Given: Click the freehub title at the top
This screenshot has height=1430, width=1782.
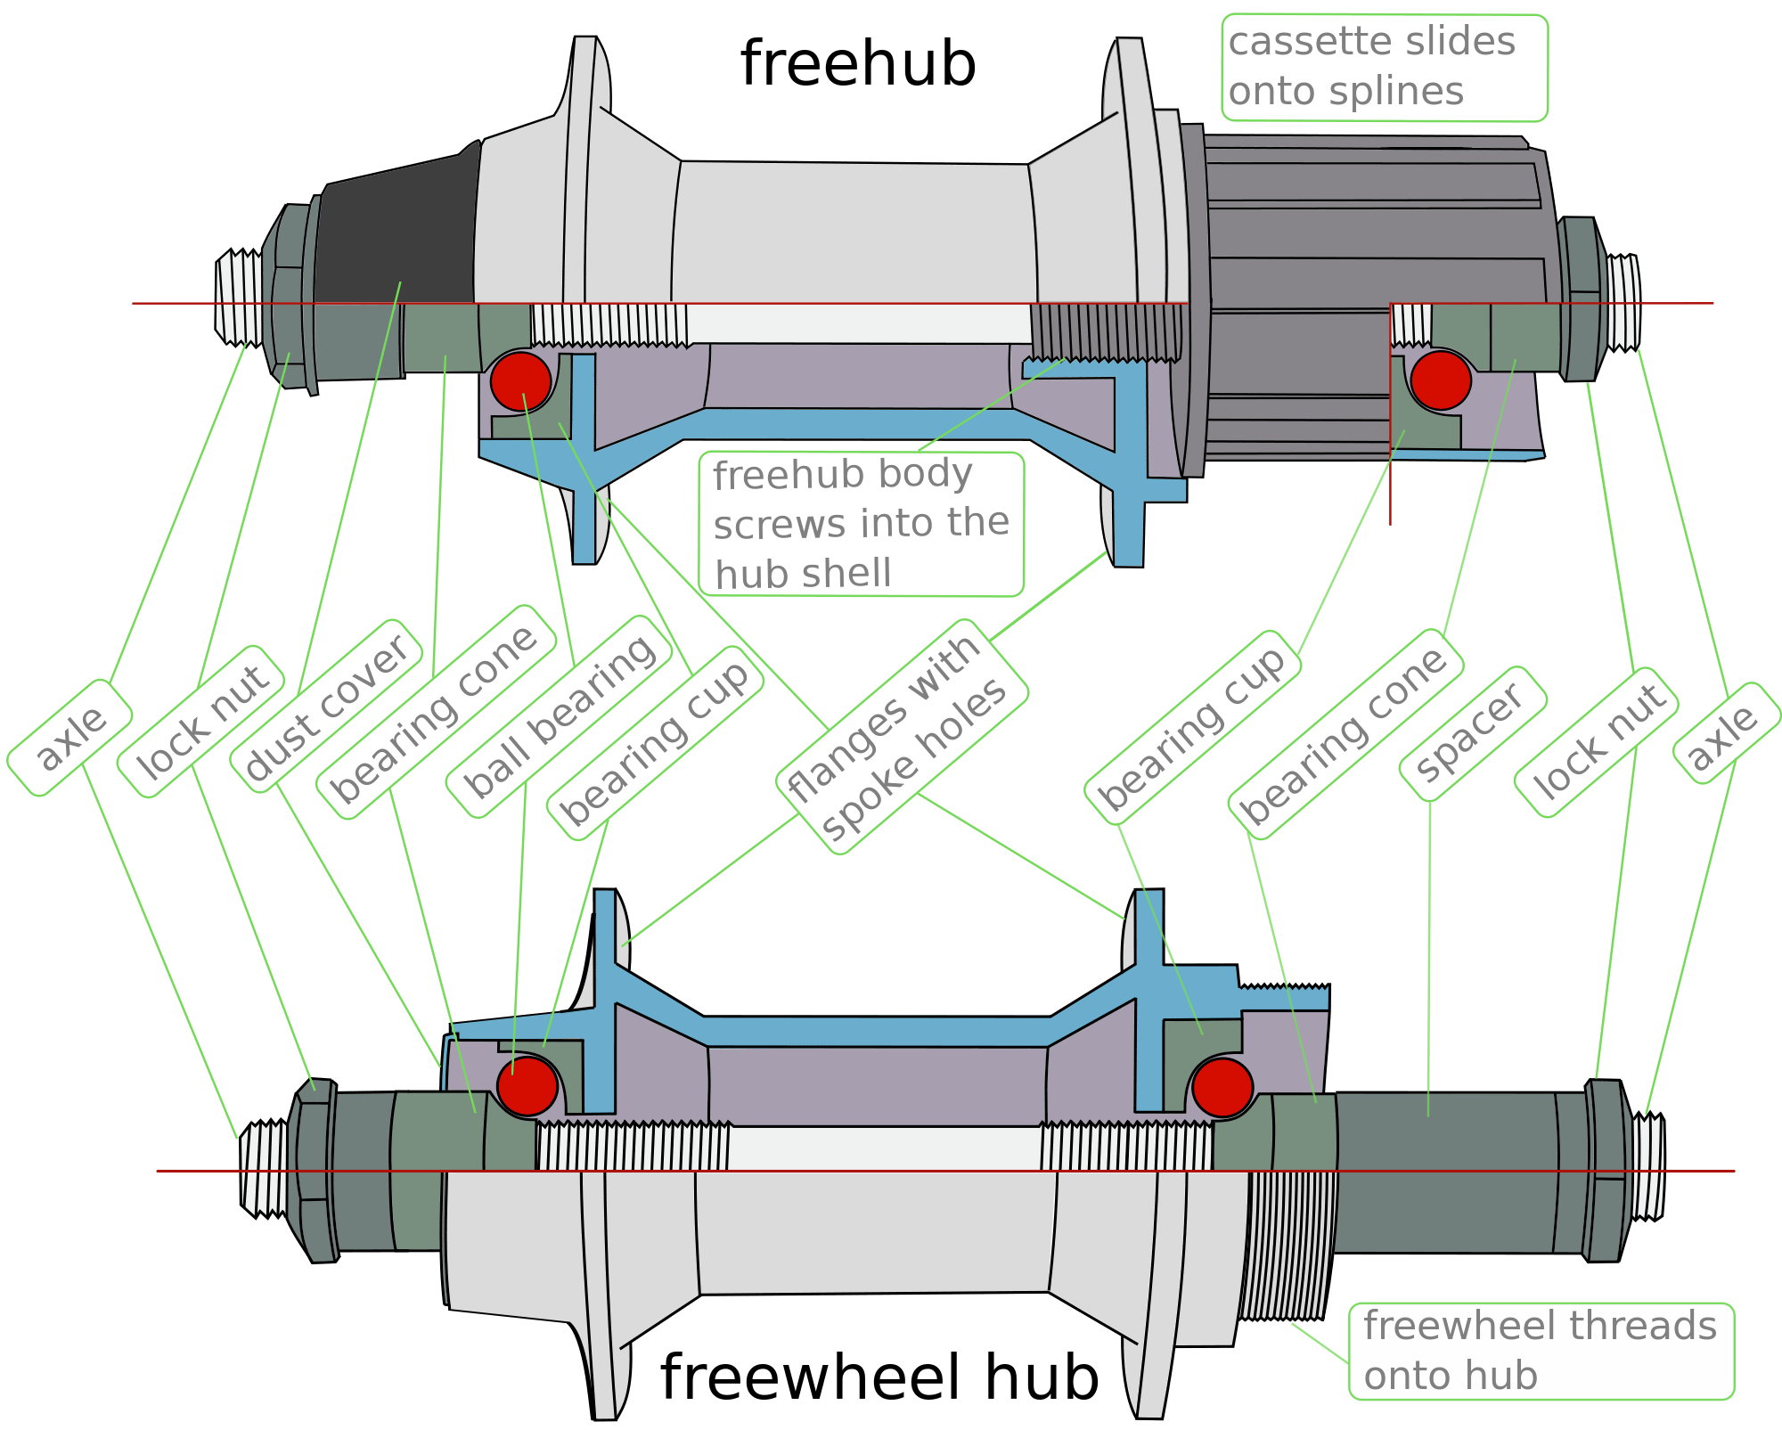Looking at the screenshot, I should tap(857, 64).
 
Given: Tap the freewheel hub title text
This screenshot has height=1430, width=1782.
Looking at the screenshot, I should tap(879, 1377).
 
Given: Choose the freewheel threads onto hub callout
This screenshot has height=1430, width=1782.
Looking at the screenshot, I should tap(1540, 1351).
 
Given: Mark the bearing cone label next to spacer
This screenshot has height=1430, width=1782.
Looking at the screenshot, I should tap(1345, 734).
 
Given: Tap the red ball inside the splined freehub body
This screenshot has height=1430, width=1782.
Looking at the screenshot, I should tap(1440, 380).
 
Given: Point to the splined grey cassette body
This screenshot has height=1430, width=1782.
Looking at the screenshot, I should tap(1372, 223).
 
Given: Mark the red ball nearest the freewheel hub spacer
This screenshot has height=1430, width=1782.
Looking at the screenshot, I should tap(1222, 1088).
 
